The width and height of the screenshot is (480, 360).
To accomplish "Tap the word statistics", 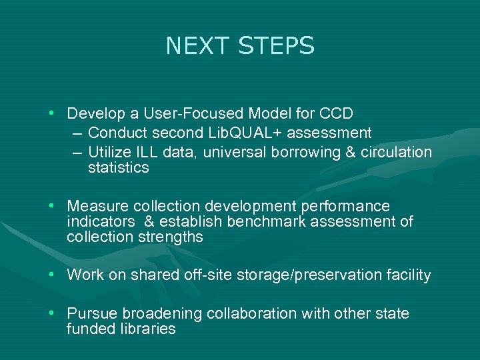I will click(119, 168).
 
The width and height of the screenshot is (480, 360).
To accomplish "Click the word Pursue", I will click(90, 313).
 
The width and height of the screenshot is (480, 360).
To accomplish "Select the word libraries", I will click(147, 329).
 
